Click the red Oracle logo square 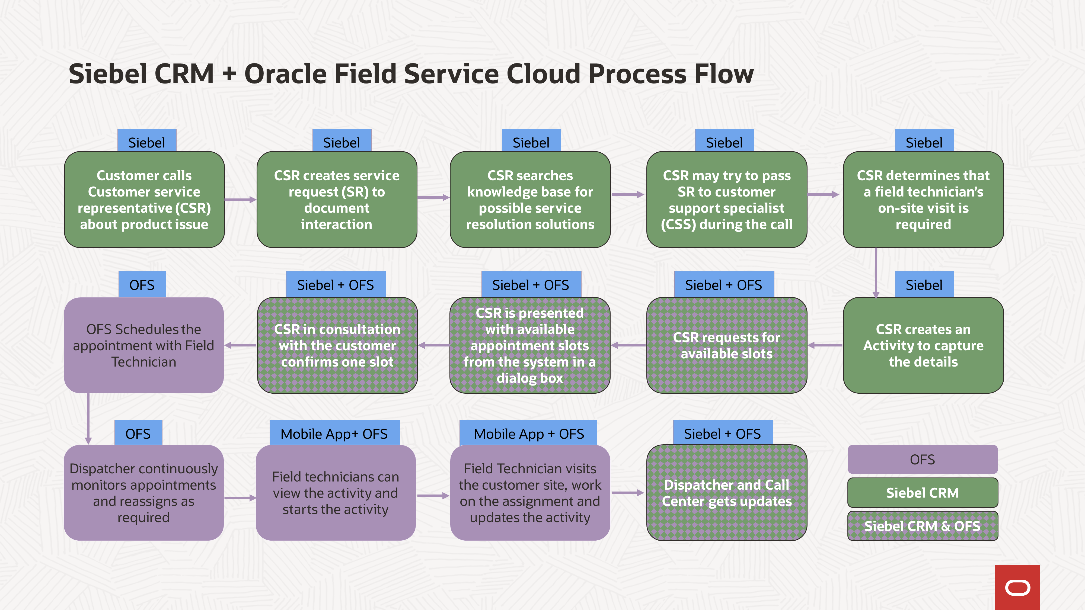(1017, 587)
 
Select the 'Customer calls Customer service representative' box (144, 200)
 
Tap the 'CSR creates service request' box (337, 200)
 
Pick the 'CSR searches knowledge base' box (530, 200)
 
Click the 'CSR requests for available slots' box (727, 345)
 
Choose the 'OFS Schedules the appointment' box (144, 345)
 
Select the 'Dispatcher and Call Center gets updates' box (727, 493)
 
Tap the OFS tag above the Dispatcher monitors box (138, 433)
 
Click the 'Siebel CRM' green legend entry (923, 493)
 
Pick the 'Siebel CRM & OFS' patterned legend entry (923, 526)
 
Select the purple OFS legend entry (923, 459)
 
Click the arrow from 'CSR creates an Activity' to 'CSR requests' (825, 345)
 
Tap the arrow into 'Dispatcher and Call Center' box (628, 493)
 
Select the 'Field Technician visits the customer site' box (530, 493)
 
